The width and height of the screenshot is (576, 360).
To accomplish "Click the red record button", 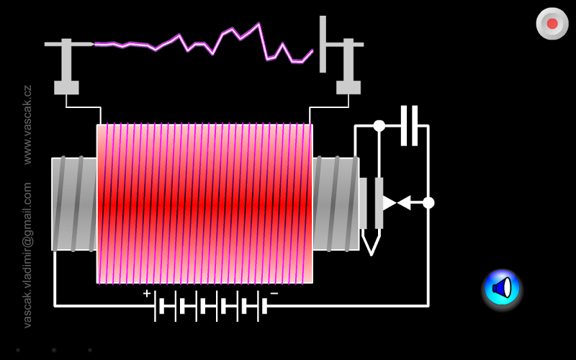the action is pyautogui.click(x=552, y=24).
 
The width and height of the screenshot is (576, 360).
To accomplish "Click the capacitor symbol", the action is pyautogui.click(x=409, y=125).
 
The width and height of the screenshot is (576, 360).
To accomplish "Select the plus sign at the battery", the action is pyautogui.click(x=147, y=293).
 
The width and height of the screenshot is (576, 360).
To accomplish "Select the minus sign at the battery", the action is pyautogui.click(x=274, y=293).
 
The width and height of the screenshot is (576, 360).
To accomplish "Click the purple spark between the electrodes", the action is pyautogui.click(x=204, y=44).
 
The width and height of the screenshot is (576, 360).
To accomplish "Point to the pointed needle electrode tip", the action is pyautogui.click(x=93, y=44).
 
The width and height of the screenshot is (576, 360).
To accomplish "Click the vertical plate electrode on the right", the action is pyautogui.click(x=323, y=44).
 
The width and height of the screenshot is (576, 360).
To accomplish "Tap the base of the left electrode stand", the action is pyautogui.click(x=66, y=87).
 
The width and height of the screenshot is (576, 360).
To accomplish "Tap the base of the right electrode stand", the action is pyautogui.click(x=348, y=87).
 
